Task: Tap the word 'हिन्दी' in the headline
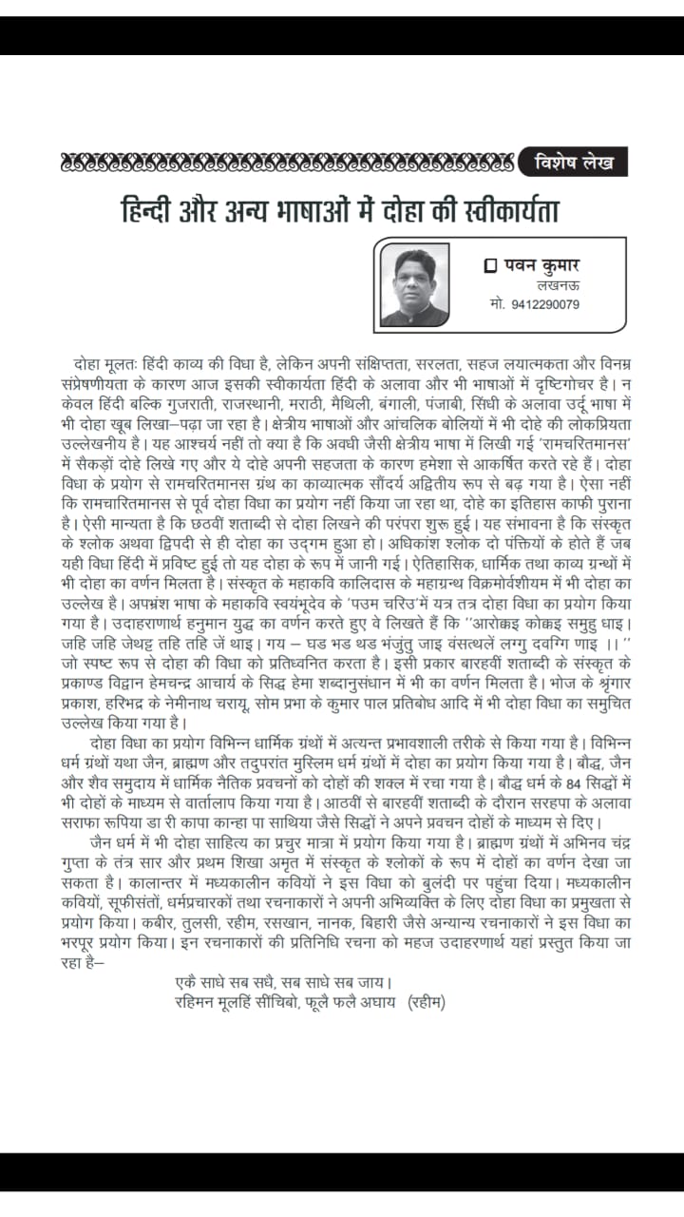pos(147,207)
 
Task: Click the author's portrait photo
pos(415,283)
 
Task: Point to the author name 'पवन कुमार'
pos(537,267)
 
